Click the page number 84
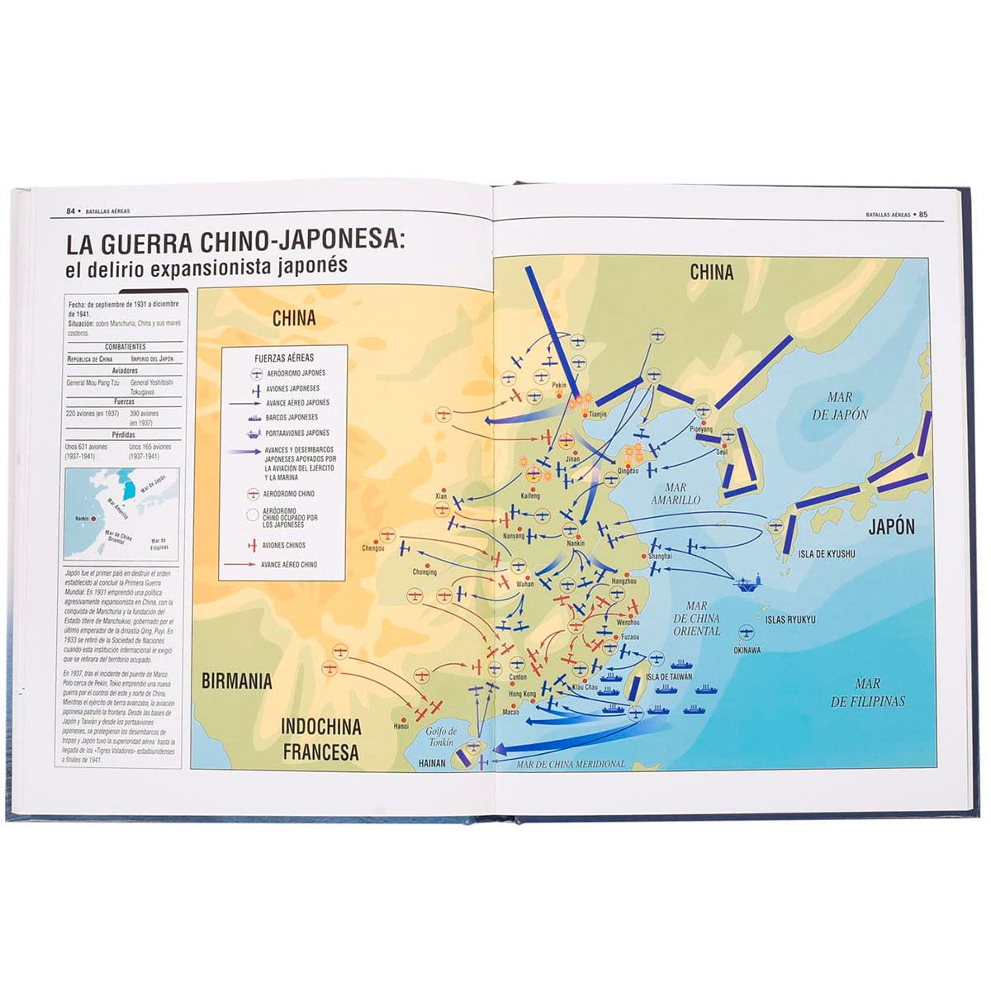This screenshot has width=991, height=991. click(72, 211)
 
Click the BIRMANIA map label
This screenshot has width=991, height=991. click(236, 681)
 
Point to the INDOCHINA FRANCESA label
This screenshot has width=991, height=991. click(320, 739)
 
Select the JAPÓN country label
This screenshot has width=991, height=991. click(891, 526)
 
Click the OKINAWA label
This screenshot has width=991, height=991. click(747, 650)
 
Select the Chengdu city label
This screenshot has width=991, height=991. click(373, 548)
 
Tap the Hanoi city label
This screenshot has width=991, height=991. click(401, 727)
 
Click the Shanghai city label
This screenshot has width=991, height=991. click(661, 556)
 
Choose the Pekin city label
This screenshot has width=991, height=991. click(559, 386)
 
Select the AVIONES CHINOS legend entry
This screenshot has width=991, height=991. click(283, 545)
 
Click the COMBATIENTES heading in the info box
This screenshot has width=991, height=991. click(126, 347)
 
